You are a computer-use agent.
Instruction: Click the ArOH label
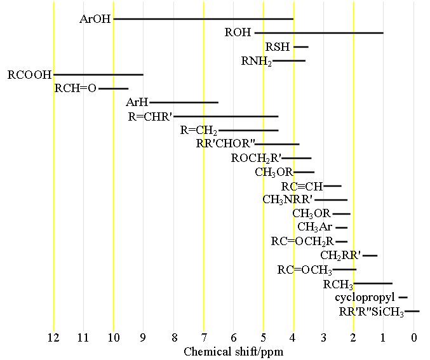pos(95,19)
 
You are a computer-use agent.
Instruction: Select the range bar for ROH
pos(319,32)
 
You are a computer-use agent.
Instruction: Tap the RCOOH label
pos(29,75)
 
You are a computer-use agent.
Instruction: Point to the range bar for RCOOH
pos(98,75)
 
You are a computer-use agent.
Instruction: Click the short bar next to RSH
pos(300,46)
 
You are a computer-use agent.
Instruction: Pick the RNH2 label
pos(256,62)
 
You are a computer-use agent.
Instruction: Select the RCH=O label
pos(75,89)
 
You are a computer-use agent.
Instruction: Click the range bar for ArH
pos(184,102)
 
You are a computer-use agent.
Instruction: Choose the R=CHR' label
pos(150,116)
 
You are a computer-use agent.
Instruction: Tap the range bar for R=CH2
pos(248,130)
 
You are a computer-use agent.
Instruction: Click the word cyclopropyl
pos(365,297)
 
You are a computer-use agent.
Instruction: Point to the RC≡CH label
pos(302,186)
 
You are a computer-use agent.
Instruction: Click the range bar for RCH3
pos(373,283)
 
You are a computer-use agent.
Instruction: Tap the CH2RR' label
pos(340,255)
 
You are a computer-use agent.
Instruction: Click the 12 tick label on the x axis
pos(53,338)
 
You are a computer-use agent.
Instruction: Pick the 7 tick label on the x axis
pos(203,338)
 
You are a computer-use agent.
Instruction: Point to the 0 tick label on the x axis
pos(413,338)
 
